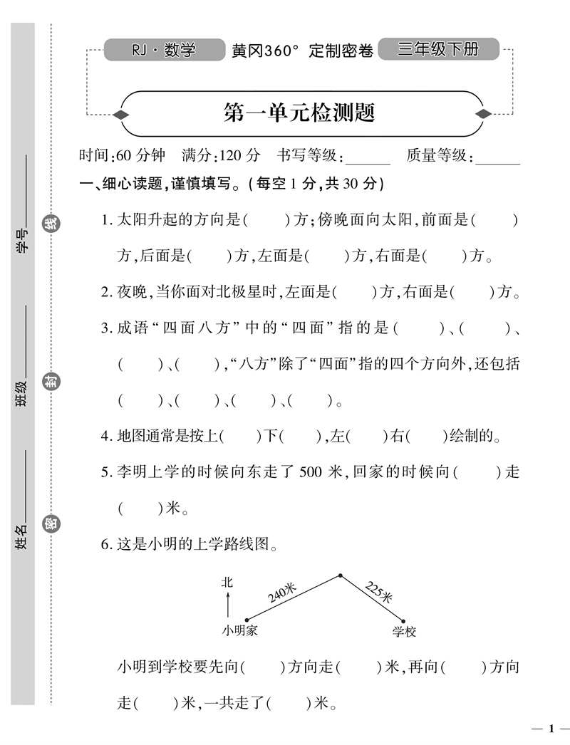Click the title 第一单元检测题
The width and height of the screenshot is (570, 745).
(x=299, y=113)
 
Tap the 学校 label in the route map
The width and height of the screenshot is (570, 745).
(x=404, y=631)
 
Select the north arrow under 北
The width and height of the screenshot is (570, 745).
(x=227, y=605)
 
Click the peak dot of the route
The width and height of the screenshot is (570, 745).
(x=340, y=575)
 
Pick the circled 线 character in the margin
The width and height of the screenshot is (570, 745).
(x=52, y=223)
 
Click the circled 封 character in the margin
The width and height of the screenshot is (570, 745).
(x=52, y=382)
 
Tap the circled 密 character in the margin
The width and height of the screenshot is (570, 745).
(x=52, y=526)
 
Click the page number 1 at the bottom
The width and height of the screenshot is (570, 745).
(x=550, y=728)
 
